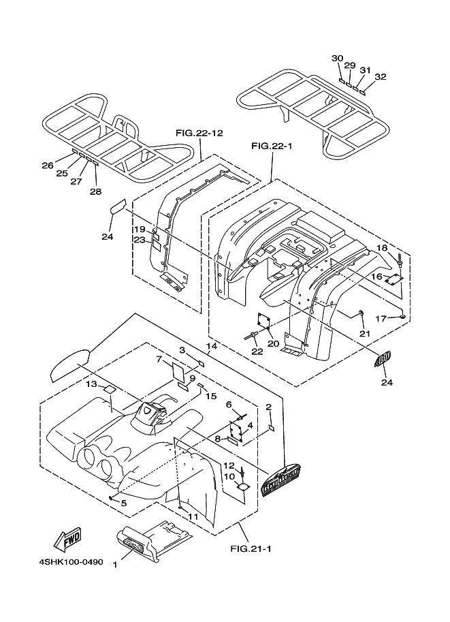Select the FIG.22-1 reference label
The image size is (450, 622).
tap(272, 146)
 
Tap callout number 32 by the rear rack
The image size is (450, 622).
tap(380, 76)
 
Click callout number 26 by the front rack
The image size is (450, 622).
tap(47, 166)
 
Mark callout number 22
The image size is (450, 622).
tap(257, 351)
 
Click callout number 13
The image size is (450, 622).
tap(91, 384)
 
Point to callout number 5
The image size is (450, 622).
tap(123, 503)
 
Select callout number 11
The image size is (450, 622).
tap(193, 517)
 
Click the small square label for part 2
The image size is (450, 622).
tap(270, 428)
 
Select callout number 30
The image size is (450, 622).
tap(337, 59)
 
